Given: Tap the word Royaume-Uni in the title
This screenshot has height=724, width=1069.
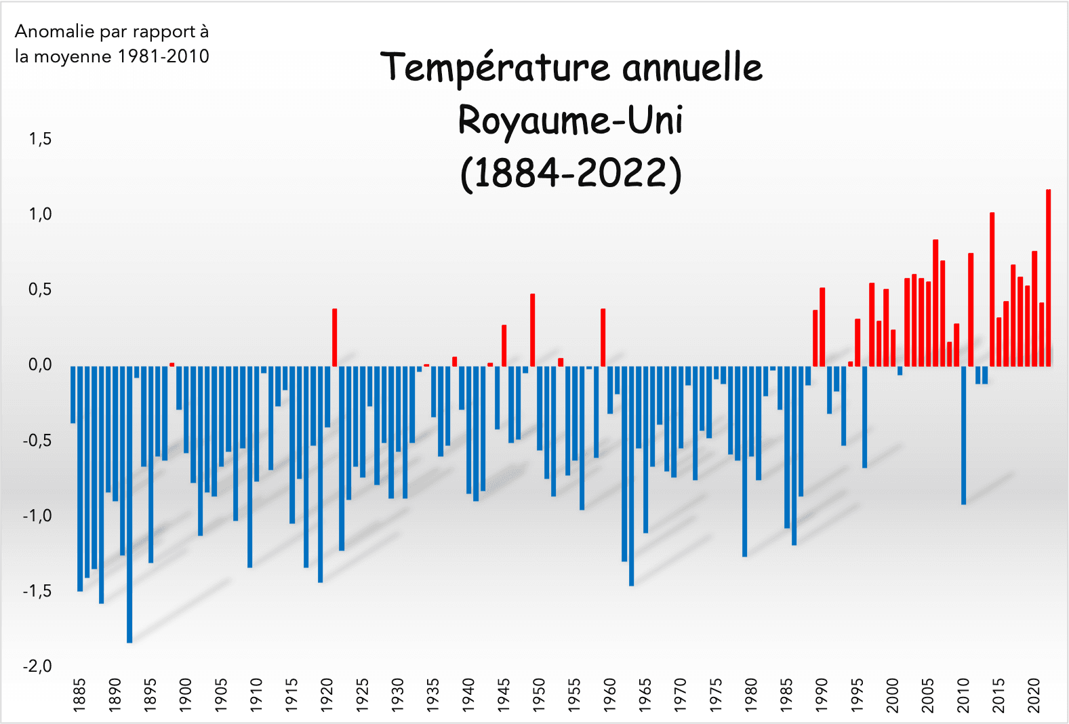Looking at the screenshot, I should point(570,121).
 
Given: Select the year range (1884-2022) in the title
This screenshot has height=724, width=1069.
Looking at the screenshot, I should point(571,173).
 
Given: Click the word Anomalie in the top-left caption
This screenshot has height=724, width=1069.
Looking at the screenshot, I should point(55,32).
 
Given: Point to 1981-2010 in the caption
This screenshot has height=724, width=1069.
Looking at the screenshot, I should point(163,56).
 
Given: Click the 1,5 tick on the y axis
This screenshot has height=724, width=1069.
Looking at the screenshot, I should point(40,140).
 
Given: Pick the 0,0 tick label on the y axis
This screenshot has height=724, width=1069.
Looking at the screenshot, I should point(40,365).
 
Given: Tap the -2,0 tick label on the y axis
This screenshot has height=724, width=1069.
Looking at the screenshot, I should point(37,666).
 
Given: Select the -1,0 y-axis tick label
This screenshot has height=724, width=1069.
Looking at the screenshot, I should point(37,516).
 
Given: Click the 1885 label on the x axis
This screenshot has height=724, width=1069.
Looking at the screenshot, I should point(80,695).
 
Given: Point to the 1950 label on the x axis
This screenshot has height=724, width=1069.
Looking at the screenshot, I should point(540,695).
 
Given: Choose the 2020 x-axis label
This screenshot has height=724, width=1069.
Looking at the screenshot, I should point(1034,695).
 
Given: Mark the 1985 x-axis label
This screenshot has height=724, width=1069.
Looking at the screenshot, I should point(787,695).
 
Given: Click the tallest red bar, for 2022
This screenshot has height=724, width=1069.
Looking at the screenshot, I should point(1049,278).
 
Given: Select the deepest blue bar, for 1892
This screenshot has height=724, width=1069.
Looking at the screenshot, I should point(129,504).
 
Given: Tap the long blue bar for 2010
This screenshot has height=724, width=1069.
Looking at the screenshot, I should point(963,435).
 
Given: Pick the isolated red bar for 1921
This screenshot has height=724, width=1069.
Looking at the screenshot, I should point(335,338).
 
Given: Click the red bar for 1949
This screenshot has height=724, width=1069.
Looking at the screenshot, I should point(533,330).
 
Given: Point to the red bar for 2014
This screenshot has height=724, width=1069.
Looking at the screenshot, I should point(992,289).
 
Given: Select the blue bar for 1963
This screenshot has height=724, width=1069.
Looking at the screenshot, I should point(632,476).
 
